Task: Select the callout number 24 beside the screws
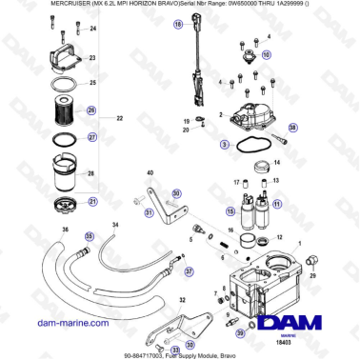pyautogui.click(x=92, y=30)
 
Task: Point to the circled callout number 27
pyautogui.click(x=92, y=136)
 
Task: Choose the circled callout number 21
pyautogui.click(x=92, y=202)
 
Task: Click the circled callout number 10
pyautogui.click(x=266, y=55)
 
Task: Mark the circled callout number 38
pyautogui.click(x=292, y=127)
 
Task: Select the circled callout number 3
pyautogui.click(x=224, y=144)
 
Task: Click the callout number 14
pyautogui.click(x=278, y=164)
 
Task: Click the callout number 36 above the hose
pyautogui.click(x=66, y=230)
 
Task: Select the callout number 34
pyautogui.click(x=114, y=225)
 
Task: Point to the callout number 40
pyautogui.click(x=149, y=172)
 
